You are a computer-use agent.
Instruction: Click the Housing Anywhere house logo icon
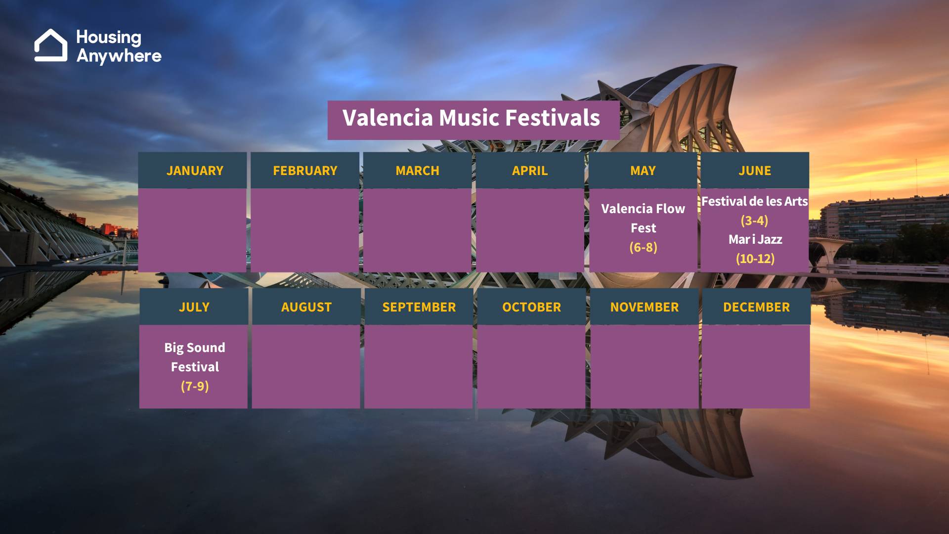[x=51, y=45]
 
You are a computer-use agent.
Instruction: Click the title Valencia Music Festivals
[x=471, y=118]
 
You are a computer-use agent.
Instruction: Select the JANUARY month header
[x=195, y=171]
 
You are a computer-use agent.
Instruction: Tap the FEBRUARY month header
[x=305, y=171]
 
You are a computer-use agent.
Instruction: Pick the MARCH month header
[x=417, y=171]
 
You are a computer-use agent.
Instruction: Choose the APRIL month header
[x=530, y=171]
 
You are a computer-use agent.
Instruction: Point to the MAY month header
[x=643, y=171]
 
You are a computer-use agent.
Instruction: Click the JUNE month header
[x=755, y=171]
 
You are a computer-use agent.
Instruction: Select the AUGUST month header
[x=306, y=307]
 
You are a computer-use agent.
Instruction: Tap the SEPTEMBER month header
[x=419, y=307]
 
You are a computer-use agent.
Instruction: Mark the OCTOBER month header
[x=531, y=307]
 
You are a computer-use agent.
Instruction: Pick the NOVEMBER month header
[x=645, y=307]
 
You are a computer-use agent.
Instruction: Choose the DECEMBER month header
[x=756, y=307]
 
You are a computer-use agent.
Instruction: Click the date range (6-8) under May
[x=643, y=247]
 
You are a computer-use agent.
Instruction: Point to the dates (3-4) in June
[x=754, y=221]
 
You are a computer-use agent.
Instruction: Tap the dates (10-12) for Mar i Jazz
[x=755, y=259]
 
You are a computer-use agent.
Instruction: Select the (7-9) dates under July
[x=195, y=386]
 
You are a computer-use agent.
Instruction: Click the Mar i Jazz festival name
[x=755, y=240]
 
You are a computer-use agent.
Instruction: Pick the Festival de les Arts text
[x=754, y=201]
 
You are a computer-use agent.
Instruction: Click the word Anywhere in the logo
[x=119, y=56]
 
